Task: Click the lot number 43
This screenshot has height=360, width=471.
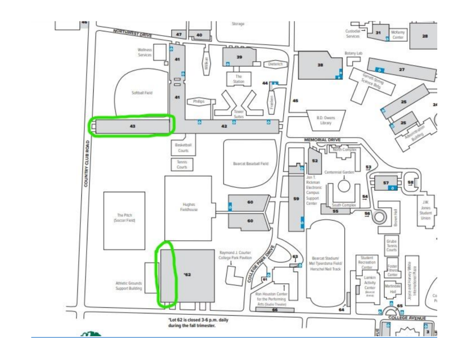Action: click(x=133, y=126)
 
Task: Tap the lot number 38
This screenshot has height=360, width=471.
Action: click(x=320, y=66)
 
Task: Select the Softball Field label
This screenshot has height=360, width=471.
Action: click(x=142, y=93)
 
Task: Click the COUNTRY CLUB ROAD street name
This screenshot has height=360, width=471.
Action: click(x=87, y=162)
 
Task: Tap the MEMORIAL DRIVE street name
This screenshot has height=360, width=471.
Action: click(x=323, y=140)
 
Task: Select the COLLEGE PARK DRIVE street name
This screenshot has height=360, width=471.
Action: click(x=260, y=265)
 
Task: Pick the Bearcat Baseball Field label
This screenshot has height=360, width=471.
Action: click(x=250, y=163)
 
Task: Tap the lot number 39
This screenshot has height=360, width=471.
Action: click(x=240, y=57)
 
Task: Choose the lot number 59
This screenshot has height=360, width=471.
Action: click(x=296, y=199)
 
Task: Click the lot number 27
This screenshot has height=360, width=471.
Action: click(x=402, y=69)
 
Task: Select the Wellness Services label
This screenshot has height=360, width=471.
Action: click(x=144, y=52)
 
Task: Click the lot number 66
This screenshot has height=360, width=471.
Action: click(x=275, y=310)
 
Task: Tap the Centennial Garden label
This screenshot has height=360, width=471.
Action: click(x=340, y=172)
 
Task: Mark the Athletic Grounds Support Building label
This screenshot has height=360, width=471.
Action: click(x=129, y=285)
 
